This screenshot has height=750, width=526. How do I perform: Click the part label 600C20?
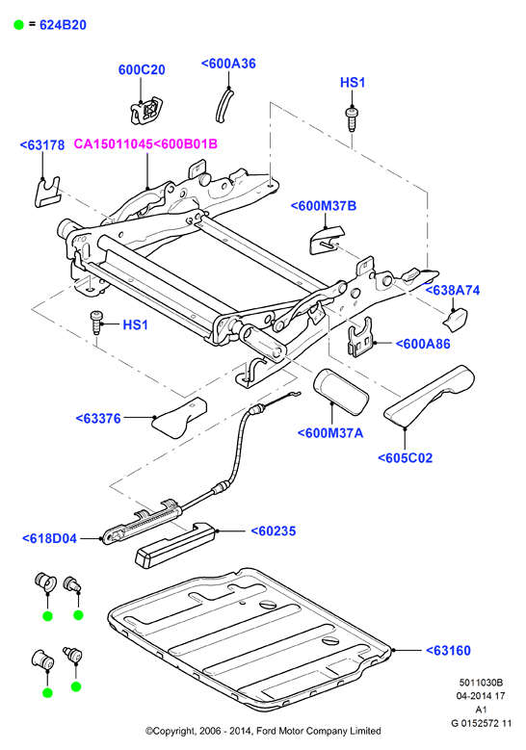point(142,70)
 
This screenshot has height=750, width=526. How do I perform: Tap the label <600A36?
point(228,64)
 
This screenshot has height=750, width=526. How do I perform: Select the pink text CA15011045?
point(113,144)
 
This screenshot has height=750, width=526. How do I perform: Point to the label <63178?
point(42,145)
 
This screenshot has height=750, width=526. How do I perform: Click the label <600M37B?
point(324,206)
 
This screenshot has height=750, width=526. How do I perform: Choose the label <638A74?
point(452,291)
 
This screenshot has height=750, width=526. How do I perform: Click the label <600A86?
point(423,344)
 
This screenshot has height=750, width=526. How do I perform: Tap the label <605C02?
point(405,458)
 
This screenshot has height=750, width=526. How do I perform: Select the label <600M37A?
point(330,433)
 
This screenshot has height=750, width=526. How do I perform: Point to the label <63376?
point(98,419)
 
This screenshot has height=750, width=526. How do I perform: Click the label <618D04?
point(49,538)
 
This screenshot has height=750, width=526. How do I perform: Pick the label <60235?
point(274,530)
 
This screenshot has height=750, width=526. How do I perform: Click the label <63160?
point(448,651)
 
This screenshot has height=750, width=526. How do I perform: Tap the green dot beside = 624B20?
point(18,25)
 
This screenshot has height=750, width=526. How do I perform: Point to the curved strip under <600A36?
point(224,105)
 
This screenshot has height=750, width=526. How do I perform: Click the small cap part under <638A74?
point(455,320)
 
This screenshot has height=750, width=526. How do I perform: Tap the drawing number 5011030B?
point(481,683)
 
